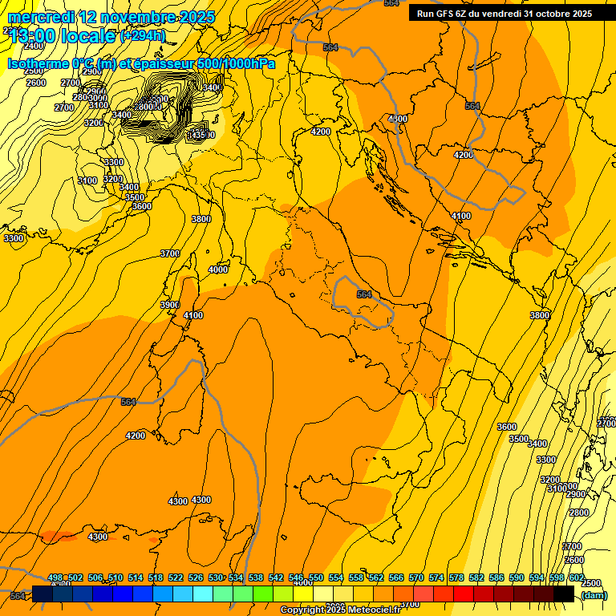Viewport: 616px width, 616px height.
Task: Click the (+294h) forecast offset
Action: click(142, 36)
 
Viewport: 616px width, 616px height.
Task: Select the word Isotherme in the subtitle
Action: click(37, 64)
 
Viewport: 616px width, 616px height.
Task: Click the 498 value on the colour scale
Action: click(55, 577)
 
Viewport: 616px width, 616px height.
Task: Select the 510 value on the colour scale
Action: click(115, 577)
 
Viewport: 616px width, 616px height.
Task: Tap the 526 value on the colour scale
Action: click(196, 577)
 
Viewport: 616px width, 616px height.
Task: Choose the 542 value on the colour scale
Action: click(276, 577)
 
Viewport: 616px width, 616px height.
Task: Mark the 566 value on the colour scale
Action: click(396, 577)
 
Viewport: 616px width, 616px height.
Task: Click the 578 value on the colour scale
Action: click(456, 577)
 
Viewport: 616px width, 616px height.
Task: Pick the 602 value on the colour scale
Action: click(576, 577)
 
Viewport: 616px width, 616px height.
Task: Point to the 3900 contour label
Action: click(169, 305)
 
